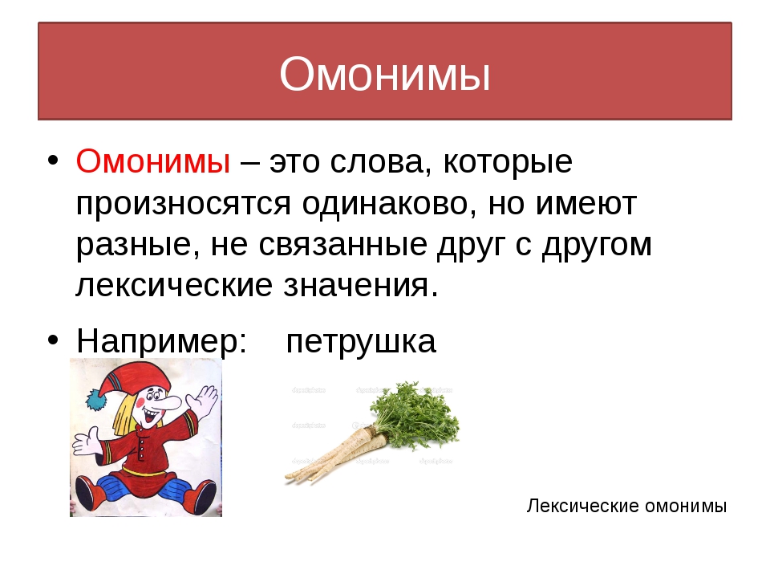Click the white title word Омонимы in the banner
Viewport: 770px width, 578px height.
pos(385,74)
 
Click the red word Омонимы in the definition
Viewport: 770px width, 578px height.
pos(153,161)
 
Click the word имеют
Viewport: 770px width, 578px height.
pos(586,203)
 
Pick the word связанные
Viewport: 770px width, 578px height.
pos(342,245)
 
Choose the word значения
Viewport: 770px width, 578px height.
pos(360,286)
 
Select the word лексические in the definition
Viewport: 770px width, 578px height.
pos(174,286)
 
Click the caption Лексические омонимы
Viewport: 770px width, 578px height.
pos(626,506)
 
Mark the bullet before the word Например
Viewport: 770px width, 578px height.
pos(53,340)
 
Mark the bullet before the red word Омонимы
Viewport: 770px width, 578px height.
pos(53,161)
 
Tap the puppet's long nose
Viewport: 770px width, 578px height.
pos(169,404)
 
